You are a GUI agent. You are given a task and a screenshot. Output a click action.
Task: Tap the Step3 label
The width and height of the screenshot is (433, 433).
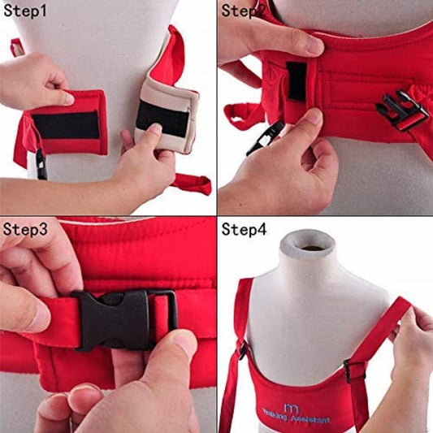pos(25,229)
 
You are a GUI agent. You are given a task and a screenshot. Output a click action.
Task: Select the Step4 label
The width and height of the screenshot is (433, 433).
pos(244,229)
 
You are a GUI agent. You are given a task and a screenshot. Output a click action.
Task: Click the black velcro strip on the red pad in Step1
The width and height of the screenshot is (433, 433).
pos(66,125)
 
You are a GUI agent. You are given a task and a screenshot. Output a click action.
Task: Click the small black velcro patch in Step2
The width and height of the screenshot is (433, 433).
pos(297,81)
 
